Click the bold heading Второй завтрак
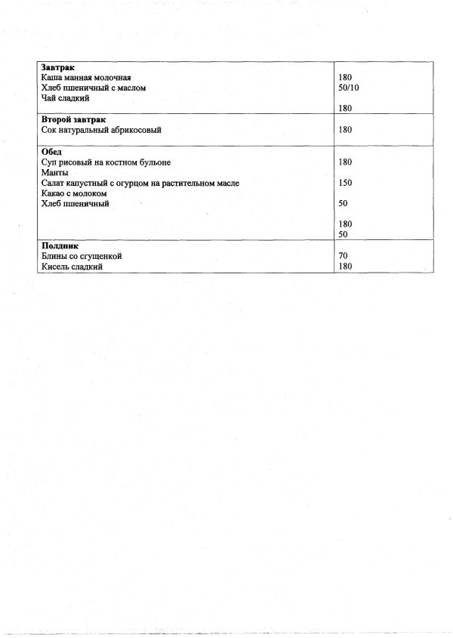(73, 120)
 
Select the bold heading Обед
(51, 152)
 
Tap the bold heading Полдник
(60, 246)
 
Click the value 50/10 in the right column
(349, 88)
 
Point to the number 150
(346, 183)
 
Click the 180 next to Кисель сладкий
(346, 267)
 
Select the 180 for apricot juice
(346, 130)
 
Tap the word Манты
(53, 173)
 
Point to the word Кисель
(55, 267)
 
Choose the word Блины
(54, 257)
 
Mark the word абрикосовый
(139, 130)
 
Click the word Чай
(48, 99)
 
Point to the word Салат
(54, 183)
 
